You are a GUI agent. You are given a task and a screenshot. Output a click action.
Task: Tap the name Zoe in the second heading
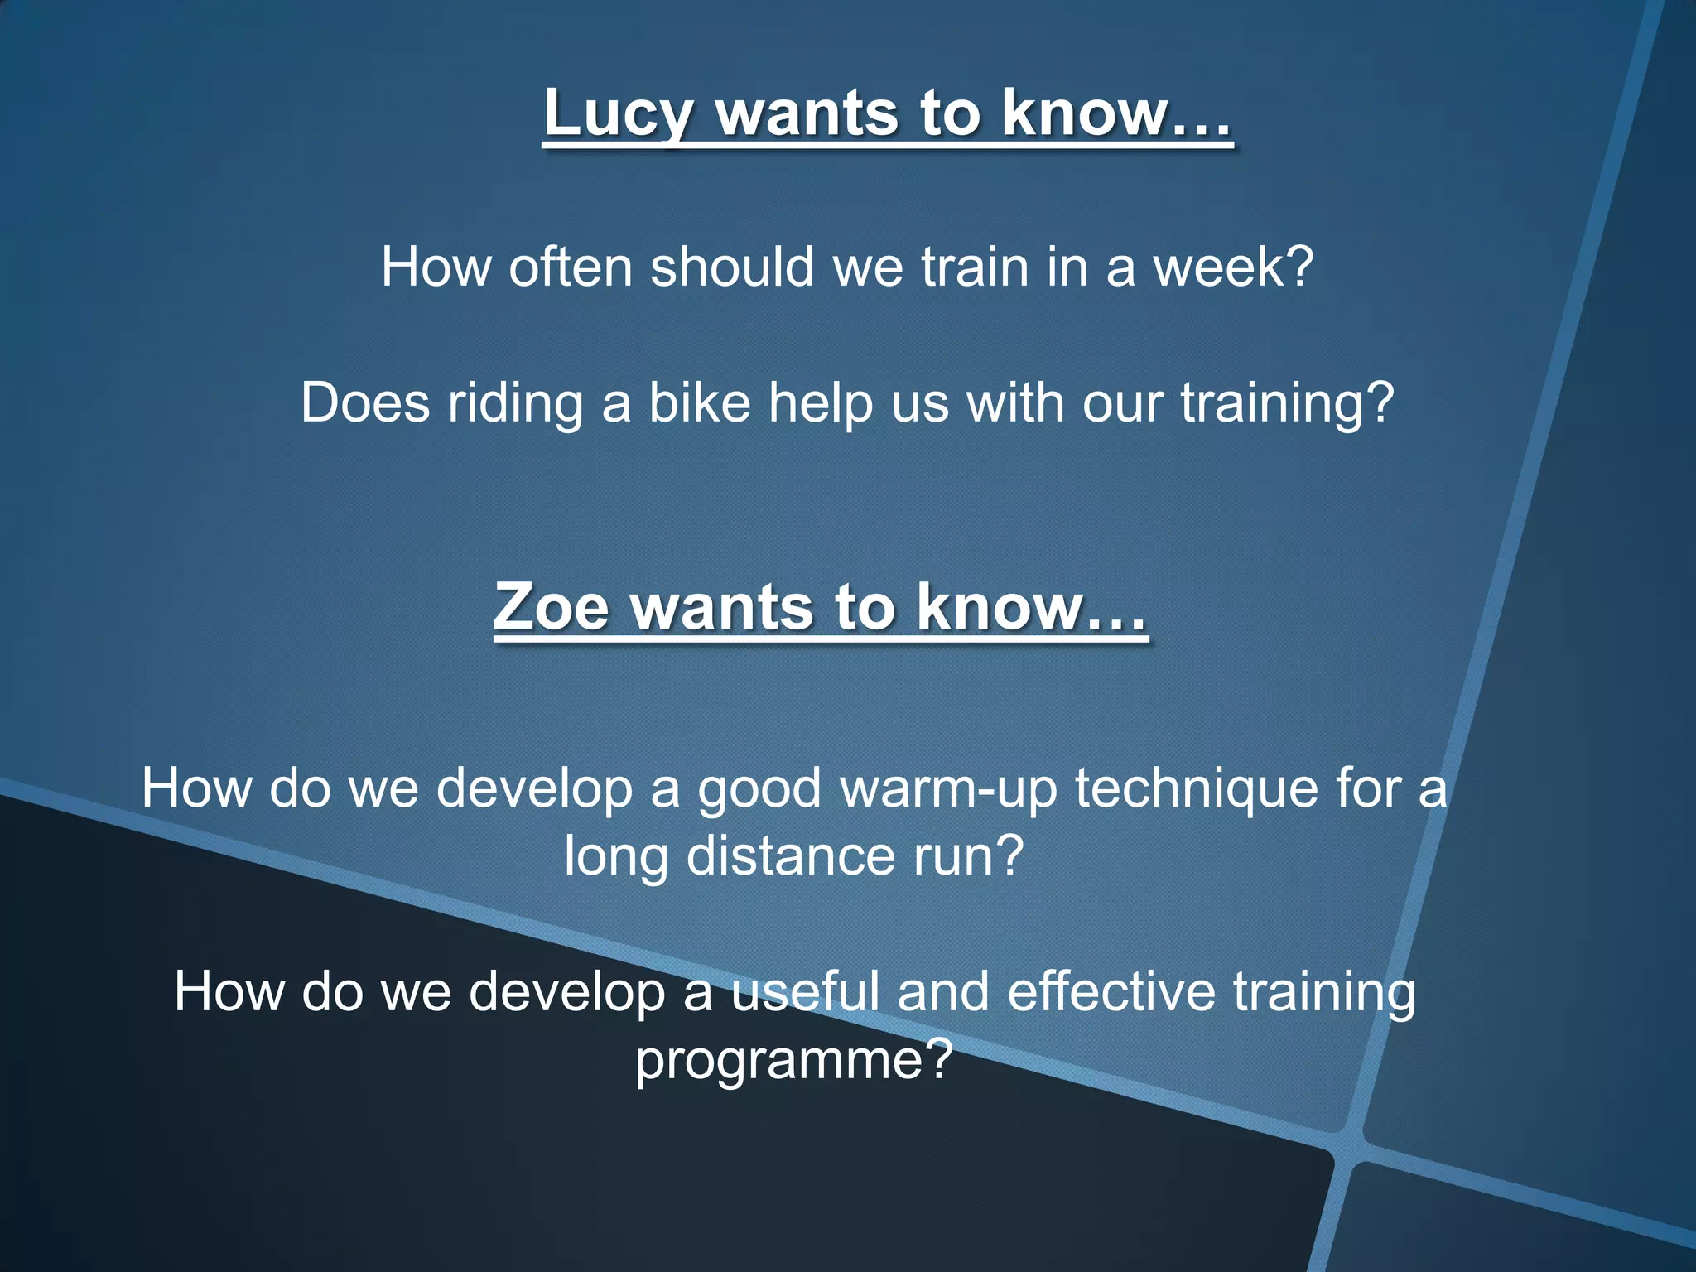551,607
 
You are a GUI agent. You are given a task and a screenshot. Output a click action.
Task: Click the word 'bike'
699,403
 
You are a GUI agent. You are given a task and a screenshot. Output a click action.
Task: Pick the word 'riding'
515,403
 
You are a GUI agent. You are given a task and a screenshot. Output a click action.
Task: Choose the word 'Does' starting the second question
365,403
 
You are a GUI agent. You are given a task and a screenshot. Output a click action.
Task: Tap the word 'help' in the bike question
820,403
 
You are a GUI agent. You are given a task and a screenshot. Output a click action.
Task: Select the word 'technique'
1197,788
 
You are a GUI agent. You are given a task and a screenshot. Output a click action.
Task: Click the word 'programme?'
794,1060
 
